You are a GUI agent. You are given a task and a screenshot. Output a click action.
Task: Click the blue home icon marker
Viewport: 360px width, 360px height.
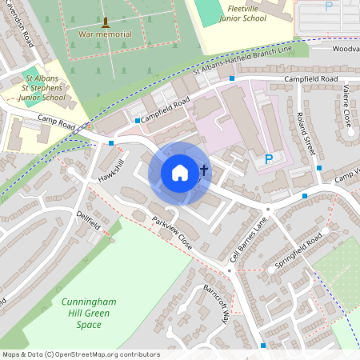(x=180, y=172)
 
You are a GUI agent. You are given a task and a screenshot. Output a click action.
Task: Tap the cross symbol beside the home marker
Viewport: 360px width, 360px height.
(x=204, y=170)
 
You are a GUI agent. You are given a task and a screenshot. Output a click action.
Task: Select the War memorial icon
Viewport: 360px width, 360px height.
(x=106, y=22)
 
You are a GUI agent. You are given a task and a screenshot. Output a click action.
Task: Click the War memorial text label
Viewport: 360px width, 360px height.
(x=106, y=34)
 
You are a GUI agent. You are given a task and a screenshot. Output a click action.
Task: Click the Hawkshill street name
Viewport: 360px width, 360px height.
(x=111, y=170)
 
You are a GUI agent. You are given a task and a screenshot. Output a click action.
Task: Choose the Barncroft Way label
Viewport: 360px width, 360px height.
(x=216, y=302)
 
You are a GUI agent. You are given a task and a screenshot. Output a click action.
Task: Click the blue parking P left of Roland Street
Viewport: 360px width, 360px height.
(x=269, y=160)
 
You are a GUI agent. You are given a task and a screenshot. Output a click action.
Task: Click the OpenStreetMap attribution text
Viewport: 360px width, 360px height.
(x=80, y=354)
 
